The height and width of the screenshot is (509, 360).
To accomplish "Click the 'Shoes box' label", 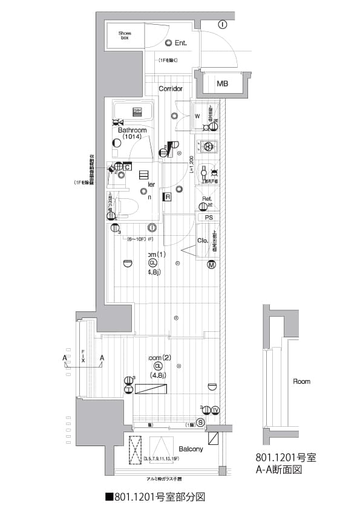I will (x=125, y=36).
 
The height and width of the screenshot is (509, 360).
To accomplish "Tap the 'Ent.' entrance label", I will (x=180, y=43).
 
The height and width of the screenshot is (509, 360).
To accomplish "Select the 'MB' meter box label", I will (x=223, y=83).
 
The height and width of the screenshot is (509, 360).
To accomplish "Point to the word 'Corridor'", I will (x=171, y=89).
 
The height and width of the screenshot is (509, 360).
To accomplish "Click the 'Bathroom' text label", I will (x=132, y=130).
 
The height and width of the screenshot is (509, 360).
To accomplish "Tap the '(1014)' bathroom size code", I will (x=131, y=137).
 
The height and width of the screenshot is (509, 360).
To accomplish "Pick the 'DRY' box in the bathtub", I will (x=138, y=111).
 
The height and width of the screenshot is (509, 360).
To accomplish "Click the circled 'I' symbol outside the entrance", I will (x=222, y=24).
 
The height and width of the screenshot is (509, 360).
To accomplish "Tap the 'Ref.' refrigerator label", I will (x=206, y=199).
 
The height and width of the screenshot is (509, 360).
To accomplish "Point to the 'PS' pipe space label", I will (x=209, y=218).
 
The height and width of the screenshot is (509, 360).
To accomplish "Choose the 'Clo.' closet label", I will (x=203, y=241).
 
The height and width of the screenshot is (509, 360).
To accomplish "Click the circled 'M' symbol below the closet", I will (x=212, y=264).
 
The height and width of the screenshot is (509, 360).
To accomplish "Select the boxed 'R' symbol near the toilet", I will (x=167, y=197).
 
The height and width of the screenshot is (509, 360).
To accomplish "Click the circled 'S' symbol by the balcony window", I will (x=200, y=422).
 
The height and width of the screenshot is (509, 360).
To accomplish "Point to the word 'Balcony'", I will (x=191, y=449).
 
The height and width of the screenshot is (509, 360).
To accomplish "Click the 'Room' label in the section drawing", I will (x=301, y=381).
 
